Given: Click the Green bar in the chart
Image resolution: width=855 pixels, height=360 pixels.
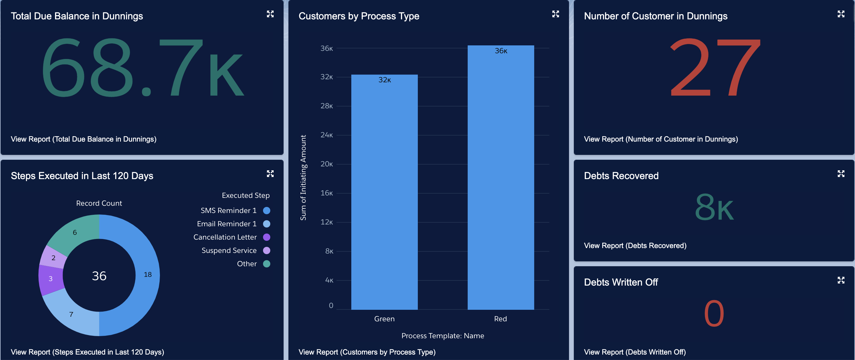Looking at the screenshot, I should tap(384, 193).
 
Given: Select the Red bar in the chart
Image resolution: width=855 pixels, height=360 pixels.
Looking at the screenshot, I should tap(501, 179).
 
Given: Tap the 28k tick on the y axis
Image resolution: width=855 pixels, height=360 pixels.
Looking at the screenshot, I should tap(327, 106).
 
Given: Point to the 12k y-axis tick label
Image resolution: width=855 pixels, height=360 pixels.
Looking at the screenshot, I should tap(327, 222).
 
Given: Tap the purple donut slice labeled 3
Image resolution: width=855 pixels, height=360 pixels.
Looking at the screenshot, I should tap(50, 279).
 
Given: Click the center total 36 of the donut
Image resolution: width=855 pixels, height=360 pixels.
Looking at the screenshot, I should tap(99, 276).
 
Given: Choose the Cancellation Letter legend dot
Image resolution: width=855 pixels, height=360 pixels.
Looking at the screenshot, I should tap(267, 237).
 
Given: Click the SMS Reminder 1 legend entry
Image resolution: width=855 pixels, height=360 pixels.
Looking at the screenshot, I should tap(229, 211).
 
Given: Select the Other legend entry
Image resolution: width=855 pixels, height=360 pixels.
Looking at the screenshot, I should tap(247, 264).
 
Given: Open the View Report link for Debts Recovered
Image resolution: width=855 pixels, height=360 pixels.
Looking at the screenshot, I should tap(635, 245).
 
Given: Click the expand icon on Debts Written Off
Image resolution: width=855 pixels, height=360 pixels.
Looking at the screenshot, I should tap(841, 280).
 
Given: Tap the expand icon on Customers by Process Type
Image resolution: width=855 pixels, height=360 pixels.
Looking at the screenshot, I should tap(555, 14).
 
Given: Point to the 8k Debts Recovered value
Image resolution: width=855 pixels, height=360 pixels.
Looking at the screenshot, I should tap(714, 208).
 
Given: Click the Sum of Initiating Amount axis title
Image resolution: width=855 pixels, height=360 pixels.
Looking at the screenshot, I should tap(303, 177).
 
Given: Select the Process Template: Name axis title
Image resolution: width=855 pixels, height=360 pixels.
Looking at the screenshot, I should tap(442, 336).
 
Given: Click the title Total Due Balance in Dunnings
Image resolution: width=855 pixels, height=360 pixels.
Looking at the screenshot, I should tap(77, 16).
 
